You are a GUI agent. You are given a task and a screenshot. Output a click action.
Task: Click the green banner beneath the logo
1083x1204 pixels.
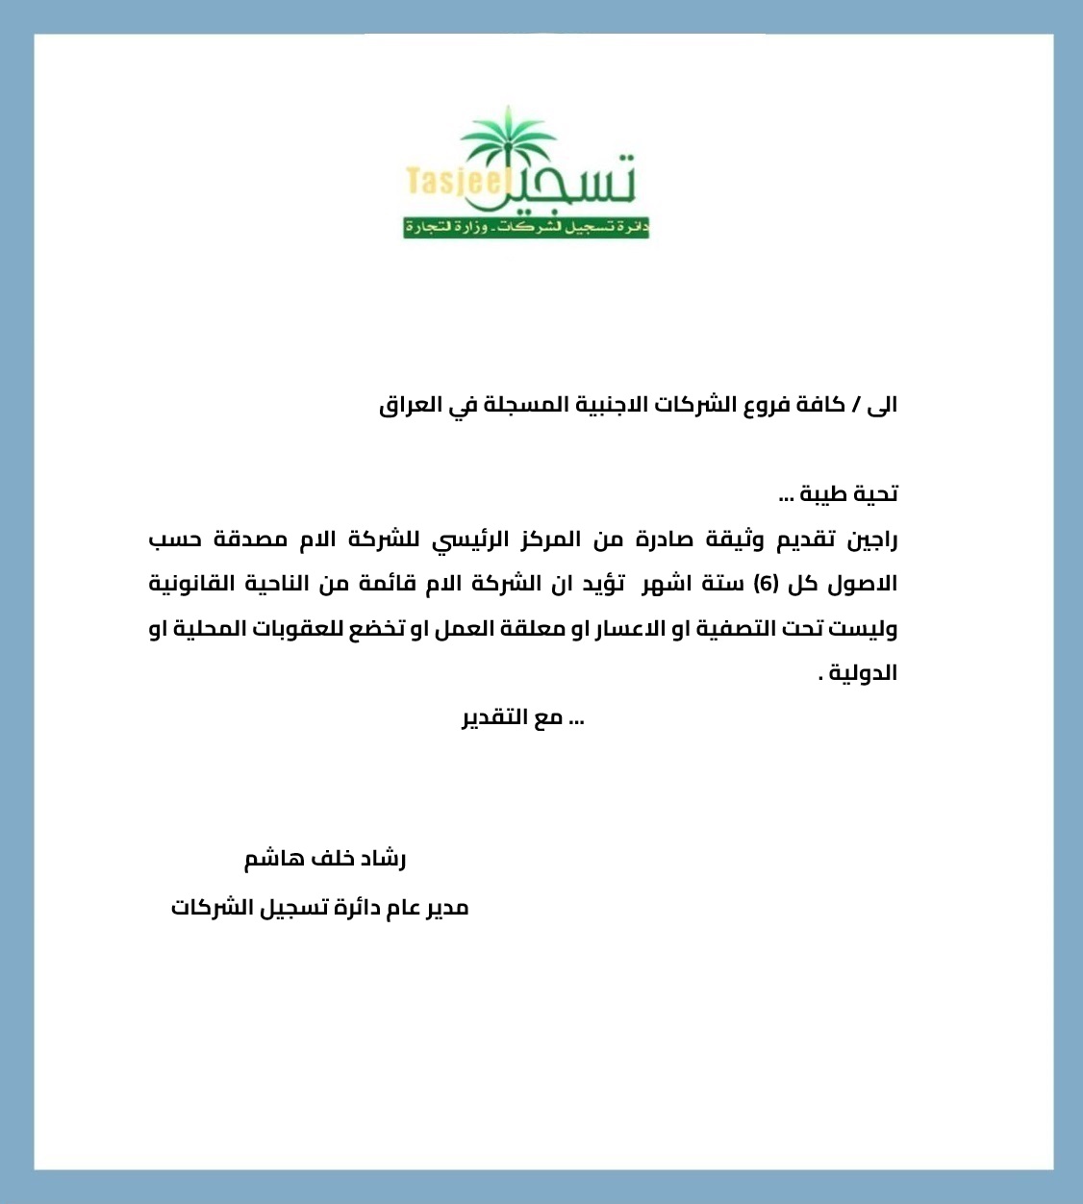[526, 228]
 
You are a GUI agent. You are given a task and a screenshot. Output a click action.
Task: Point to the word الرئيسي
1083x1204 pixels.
[466, 539]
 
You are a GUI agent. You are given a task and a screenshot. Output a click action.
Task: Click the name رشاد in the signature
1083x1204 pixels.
[384, 859]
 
